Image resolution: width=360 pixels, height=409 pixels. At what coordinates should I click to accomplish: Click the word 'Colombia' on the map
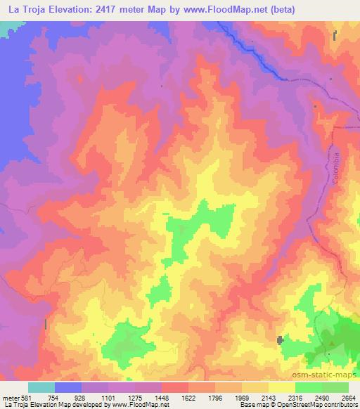coord(336,168)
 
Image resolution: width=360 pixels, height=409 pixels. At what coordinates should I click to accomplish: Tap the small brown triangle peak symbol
coord(331,343)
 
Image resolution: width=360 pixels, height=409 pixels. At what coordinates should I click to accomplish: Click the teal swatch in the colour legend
coord(41,387)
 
